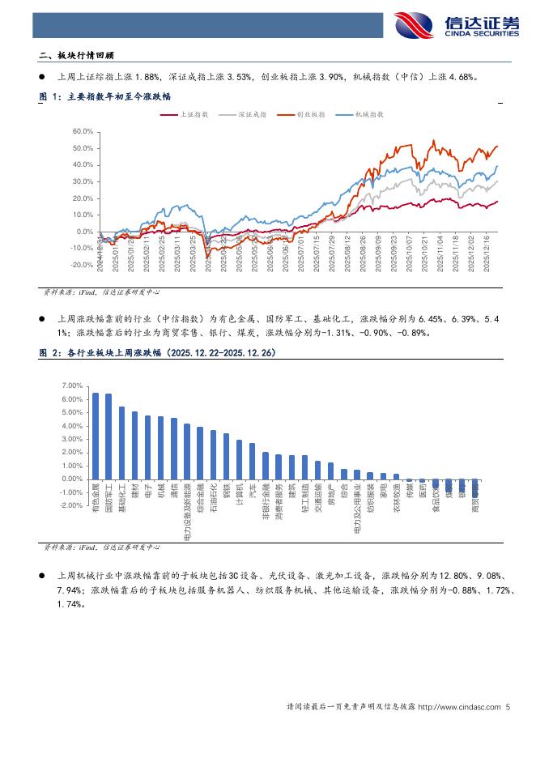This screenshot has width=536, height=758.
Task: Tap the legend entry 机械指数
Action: pos(369,116)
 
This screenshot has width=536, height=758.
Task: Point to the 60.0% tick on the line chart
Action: pos(83,131)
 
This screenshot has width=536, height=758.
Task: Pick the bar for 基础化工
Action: pos(121,443)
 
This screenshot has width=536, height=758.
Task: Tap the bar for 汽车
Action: pos(252,462)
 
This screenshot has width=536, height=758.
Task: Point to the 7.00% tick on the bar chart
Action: pos(73,386)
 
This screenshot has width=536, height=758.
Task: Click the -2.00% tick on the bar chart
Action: pos(72,505)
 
